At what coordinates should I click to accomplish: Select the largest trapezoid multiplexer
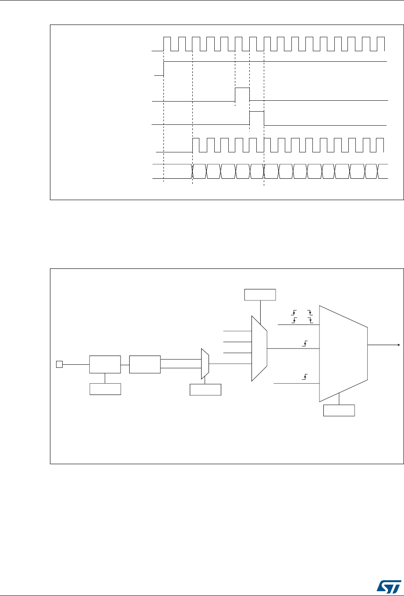click(343, 353)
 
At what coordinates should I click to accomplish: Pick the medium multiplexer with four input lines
click(259, 349)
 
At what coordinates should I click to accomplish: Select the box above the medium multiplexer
click(260, 295)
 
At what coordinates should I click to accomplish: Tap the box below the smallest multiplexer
click(205, 389)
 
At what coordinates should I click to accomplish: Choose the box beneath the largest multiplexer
click(339, 410)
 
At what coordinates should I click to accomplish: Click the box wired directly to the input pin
click(105, 364)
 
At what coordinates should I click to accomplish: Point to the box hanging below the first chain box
click(105, 389)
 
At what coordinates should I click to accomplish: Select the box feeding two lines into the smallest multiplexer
click(145, 364)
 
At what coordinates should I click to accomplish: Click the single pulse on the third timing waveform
click(242, 94)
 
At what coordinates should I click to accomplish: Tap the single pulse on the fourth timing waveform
click(257, 118)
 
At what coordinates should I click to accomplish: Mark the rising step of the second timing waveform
click(164, 69)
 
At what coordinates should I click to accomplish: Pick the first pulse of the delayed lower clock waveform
click(196, 145)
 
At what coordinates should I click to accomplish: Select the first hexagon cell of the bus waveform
click(199, 171)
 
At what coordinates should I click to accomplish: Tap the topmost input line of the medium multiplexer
click(237, 332)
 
